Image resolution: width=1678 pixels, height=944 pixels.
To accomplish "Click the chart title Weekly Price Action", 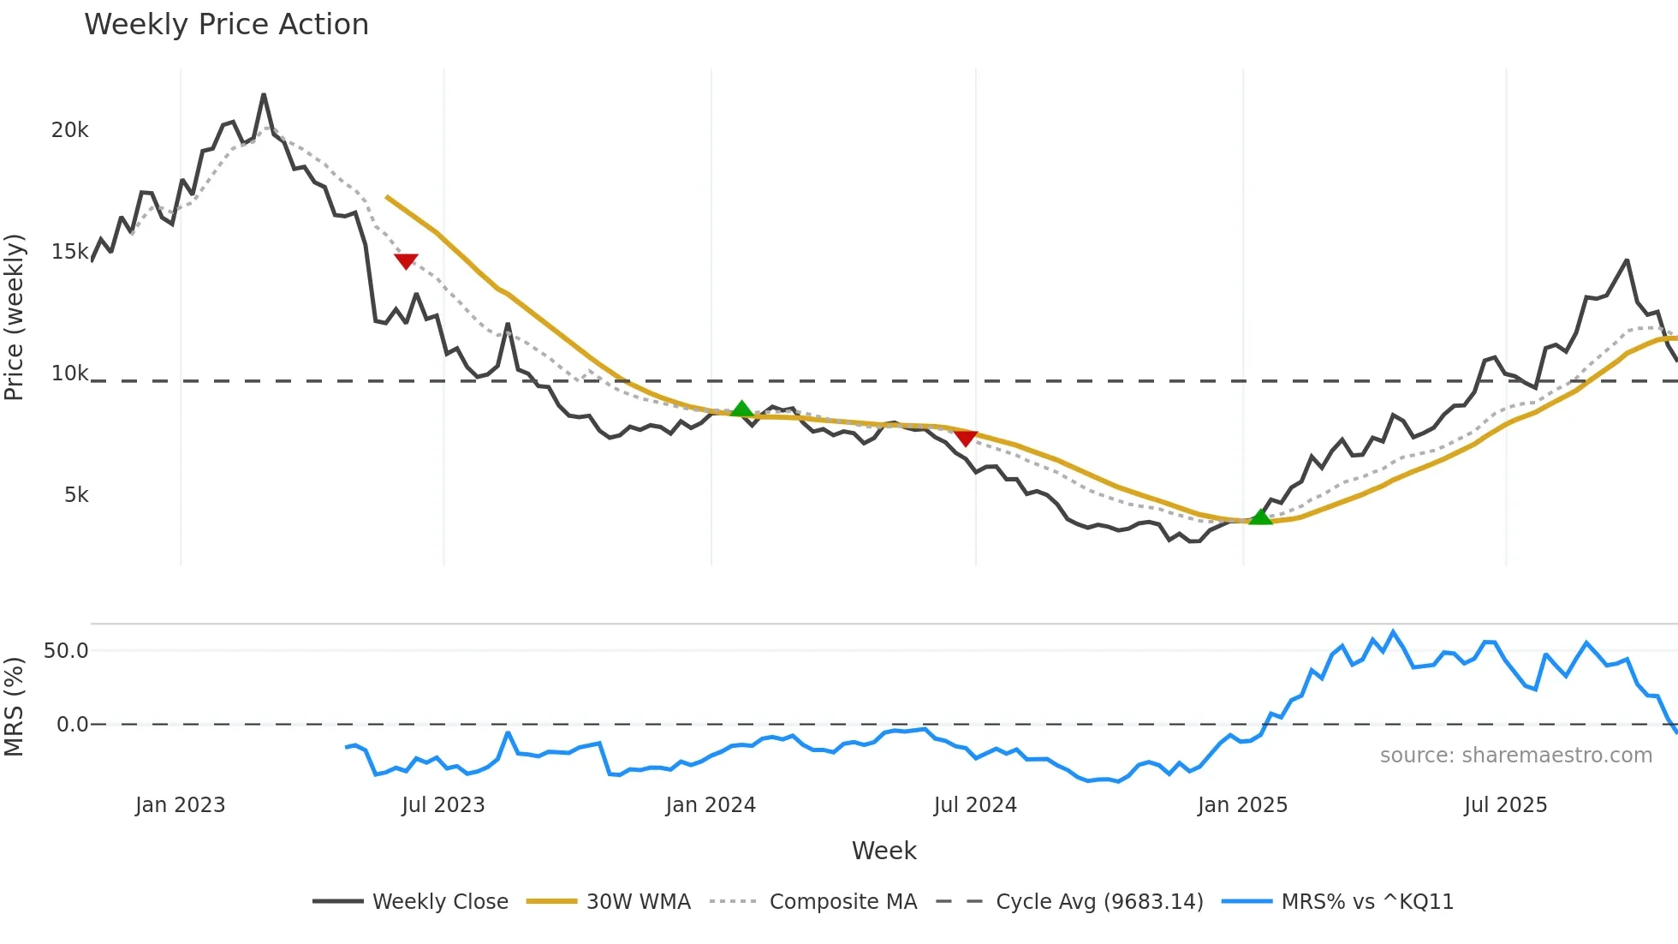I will click(x=226, y=25).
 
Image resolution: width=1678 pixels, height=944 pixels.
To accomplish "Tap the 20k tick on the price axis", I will click(x=69, y=130).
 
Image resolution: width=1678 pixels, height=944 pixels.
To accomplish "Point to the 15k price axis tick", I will click(x=69, y=252).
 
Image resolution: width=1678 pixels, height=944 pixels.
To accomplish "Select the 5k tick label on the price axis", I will click(x=76, y=495).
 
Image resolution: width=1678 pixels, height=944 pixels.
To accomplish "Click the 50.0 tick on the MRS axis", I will click(x=66, y=651).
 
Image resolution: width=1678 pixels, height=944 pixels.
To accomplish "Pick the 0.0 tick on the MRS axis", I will click(x=72, y=725).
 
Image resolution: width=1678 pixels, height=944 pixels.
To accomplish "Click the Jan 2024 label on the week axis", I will click(x=711, y=805).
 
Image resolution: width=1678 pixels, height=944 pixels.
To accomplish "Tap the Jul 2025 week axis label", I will click(x=1505, y=805).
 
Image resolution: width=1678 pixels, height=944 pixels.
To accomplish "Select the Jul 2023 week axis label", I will click(x=443, y=805).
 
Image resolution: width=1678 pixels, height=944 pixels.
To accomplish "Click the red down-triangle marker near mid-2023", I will click(x=406, y=261).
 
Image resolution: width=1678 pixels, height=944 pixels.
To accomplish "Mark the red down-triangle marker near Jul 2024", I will click(x=966, y=439).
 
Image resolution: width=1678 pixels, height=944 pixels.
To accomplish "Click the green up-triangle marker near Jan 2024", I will click(x=742, y=409).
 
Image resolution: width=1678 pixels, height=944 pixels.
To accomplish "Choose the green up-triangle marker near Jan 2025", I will click(x=1260, y=517).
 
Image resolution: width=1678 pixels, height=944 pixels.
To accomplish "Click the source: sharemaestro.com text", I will click(x=1515, y=756).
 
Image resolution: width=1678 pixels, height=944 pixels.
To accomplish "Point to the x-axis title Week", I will click(x=884, y=851).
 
